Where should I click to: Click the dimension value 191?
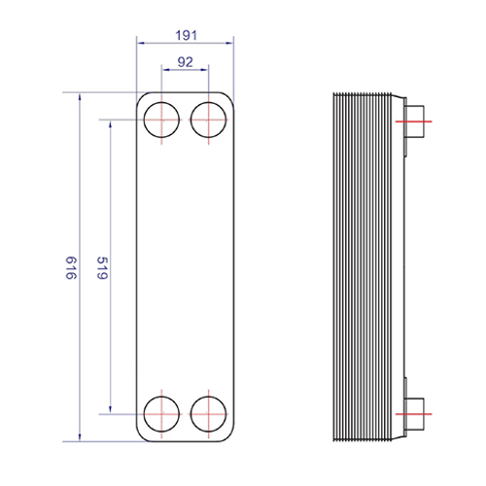pos(187,35)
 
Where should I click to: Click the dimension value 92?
pos(186,62)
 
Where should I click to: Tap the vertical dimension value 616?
pos(71,268)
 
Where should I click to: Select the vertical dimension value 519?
pos(102,268)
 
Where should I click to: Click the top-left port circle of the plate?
pos(144,120)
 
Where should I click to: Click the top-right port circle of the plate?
pos(191,120)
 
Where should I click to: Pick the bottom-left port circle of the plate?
pos(144,414)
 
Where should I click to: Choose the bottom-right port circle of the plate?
pos(191,414)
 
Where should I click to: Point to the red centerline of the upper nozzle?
pos(414,121)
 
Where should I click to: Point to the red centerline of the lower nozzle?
pos(414,414)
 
